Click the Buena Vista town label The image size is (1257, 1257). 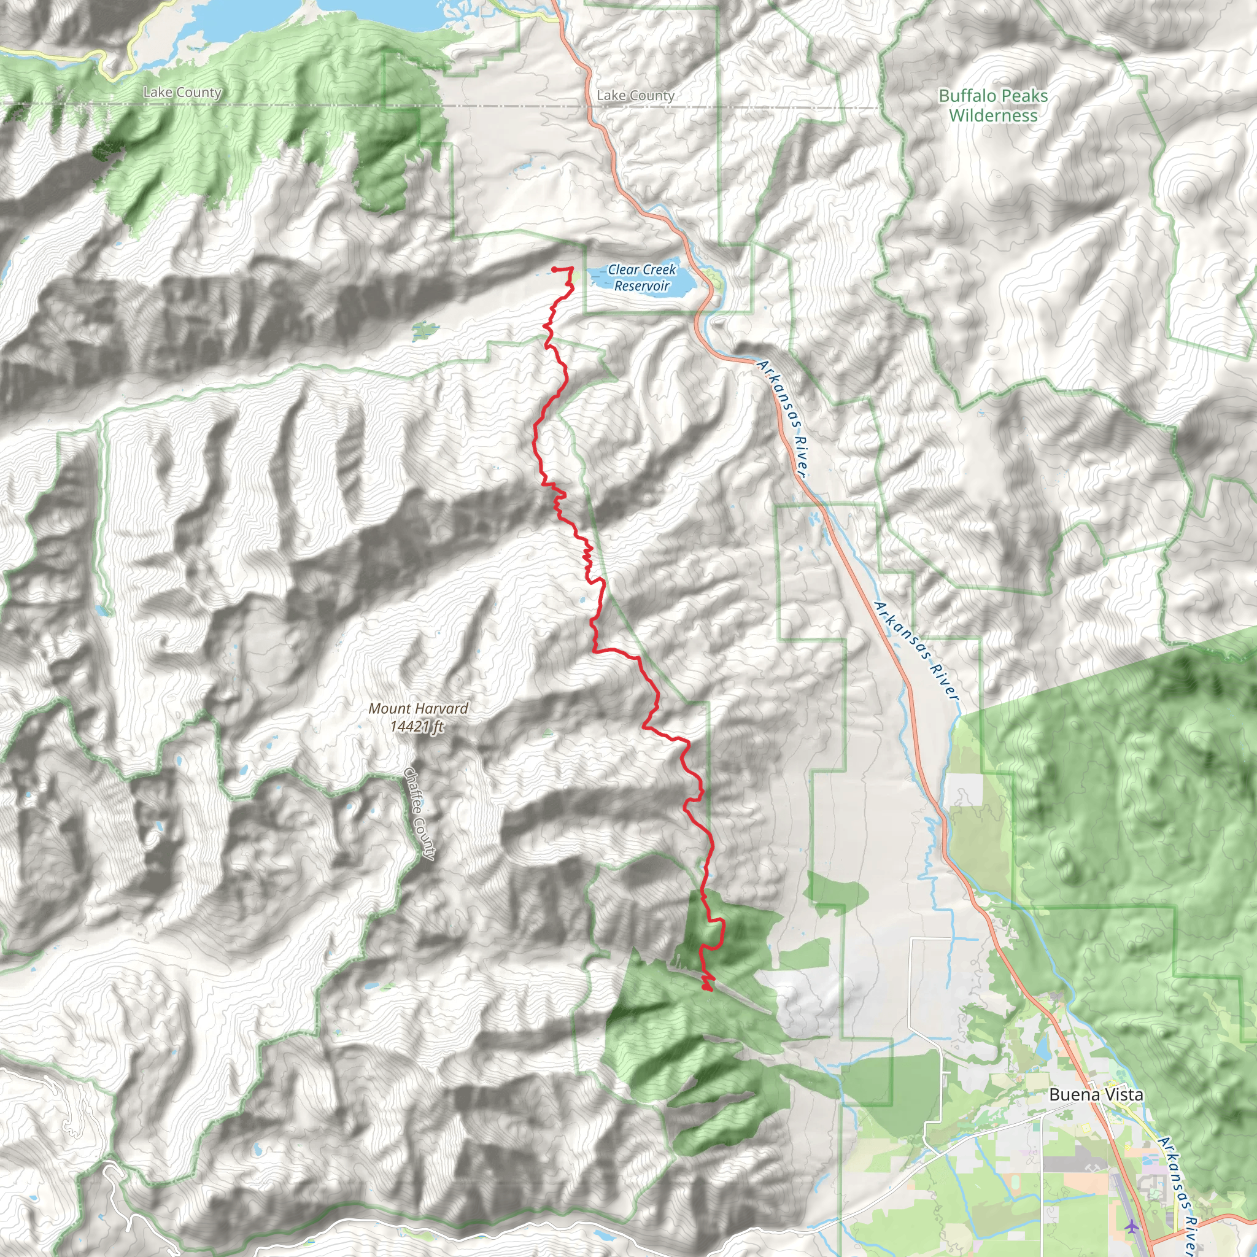pyautogui.click(x=1096, y=1095)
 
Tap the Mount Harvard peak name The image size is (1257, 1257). pyautogui.click(x=419, y=708)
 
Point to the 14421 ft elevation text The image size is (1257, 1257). pyautogui.click(x=417, y=725)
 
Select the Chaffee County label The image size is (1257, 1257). pyautogui.click(x=419, y=813)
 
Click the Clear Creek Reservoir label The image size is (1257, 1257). pyautogui.click(x=641, y=278)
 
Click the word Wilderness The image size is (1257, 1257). pyautogui.click(x=993, y=116)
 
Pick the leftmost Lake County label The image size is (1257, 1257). pyautogui.click(x=182, y=93)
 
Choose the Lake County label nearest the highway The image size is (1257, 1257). pyautogui.click(x=636, y=96)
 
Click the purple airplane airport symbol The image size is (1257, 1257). pyautogui.click(x=1132, y=1226)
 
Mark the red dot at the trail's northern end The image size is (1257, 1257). pyautogui.click(x=554, y=269)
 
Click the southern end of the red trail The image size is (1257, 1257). pyautogui.click(x=707, y=989)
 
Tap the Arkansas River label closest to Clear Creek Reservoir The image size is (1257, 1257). pyautogui.click(x=783, y=419)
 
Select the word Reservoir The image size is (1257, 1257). pyautogui.click(x=641, y=286)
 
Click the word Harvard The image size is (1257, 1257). pyautogui.click(x=443, y=708)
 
